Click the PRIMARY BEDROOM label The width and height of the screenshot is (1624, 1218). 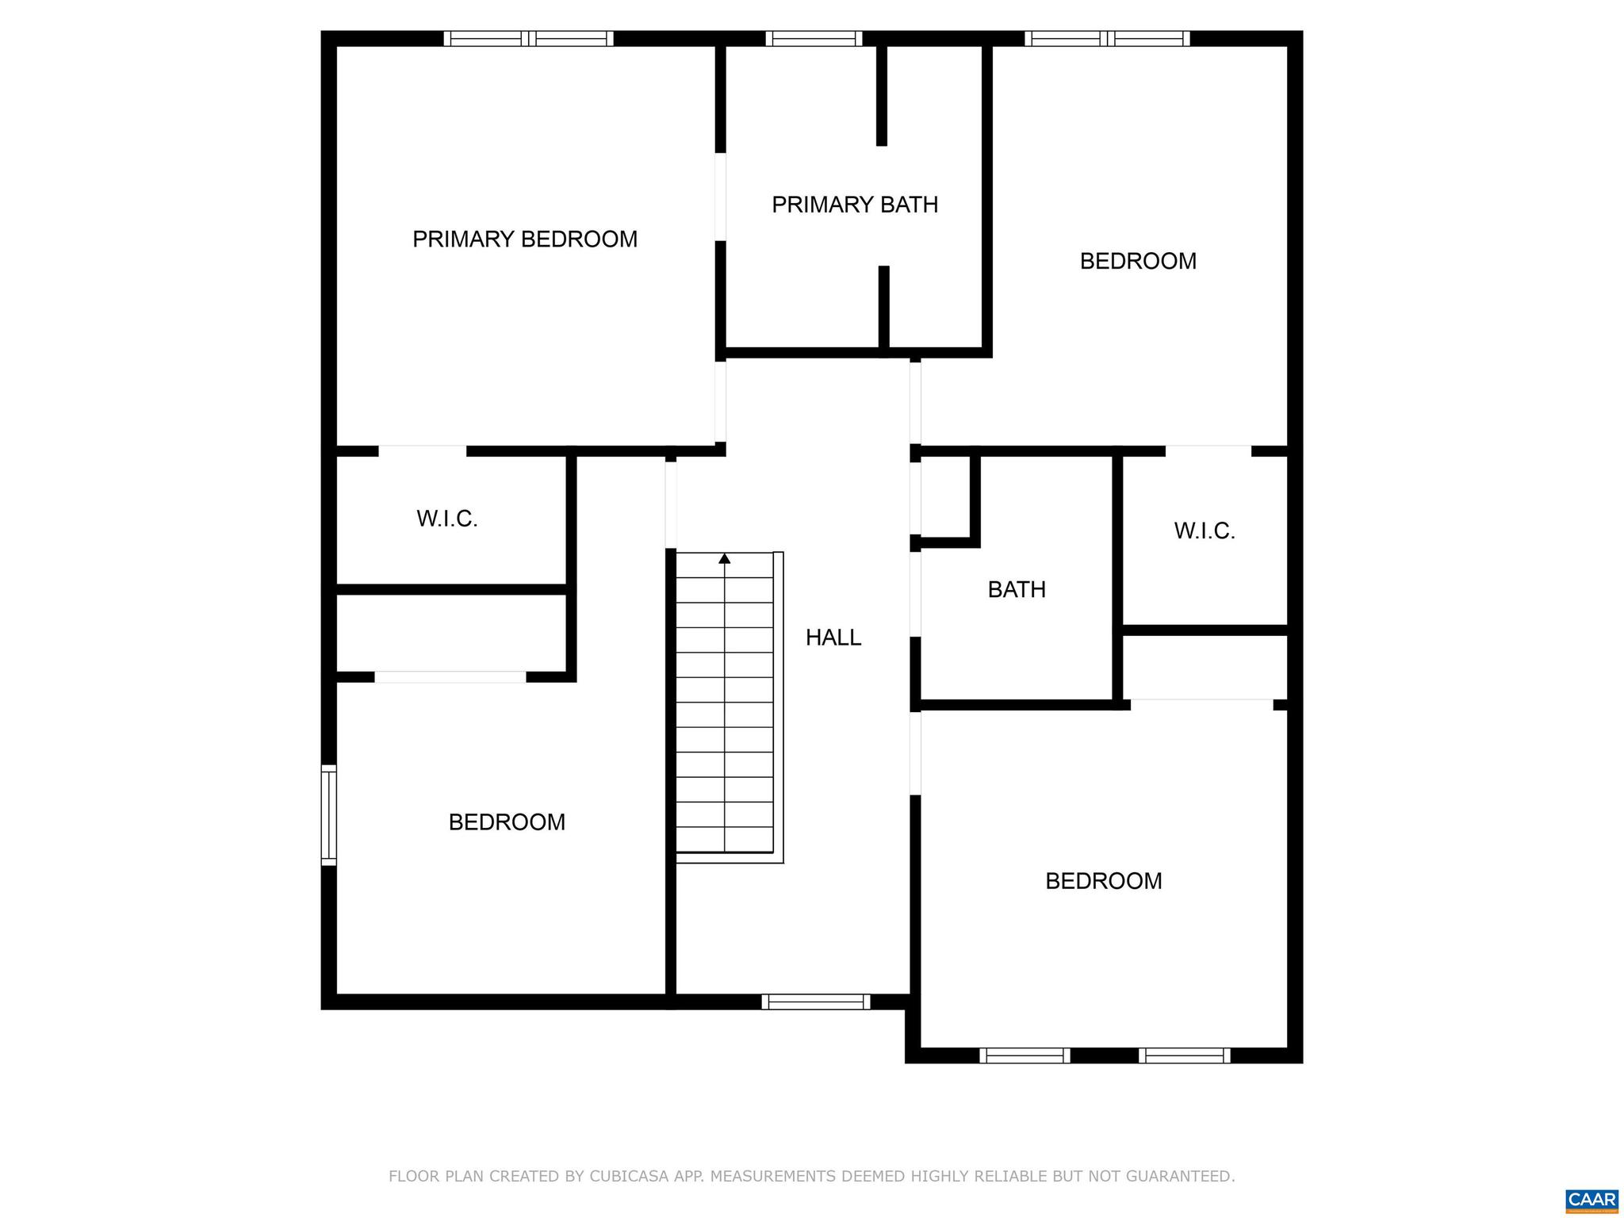point(525,239)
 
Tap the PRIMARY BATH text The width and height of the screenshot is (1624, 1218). point(855,205)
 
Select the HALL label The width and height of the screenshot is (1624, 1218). point(833,638)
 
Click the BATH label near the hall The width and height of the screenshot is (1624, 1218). point(1017,590)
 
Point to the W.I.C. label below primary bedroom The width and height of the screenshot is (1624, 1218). point(447,519)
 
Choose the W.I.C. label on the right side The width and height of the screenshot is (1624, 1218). point(1204,531)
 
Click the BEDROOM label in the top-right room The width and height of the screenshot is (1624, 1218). point(1138,262)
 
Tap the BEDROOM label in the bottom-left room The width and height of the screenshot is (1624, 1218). point(507,822)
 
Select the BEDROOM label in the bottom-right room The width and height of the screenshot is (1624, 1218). point(1103,881)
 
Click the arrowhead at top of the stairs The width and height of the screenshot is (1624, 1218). point(724,559)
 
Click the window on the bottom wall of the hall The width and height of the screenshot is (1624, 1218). point(816,1002)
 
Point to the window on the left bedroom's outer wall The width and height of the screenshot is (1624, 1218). point(328,814)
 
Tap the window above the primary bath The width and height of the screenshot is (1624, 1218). point(814,38)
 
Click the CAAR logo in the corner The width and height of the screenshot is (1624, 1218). point(1591,1200)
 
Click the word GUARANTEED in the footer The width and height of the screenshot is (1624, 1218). point(1187,1176)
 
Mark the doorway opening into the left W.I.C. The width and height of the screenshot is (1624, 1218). point(422,451)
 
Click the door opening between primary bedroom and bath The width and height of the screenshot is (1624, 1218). point(720,197)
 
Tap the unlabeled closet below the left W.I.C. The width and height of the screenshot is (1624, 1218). point(450,633)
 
